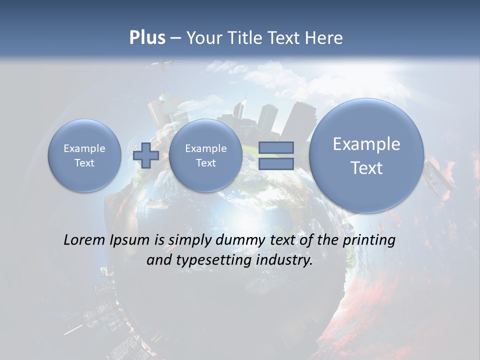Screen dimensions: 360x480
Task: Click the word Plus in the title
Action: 147,37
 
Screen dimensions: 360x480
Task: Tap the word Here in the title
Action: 326,37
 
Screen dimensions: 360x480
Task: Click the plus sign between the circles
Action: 146,155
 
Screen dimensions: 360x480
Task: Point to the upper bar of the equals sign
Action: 276,147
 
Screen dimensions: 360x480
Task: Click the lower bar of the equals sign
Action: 276,164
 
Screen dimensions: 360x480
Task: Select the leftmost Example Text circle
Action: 84,155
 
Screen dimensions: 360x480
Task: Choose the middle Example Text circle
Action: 205,155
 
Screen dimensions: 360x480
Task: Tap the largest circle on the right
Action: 366,155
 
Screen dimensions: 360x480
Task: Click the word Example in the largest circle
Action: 366,144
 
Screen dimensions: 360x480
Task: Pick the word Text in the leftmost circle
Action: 84,163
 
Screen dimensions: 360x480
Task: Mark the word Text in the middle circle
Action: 205,163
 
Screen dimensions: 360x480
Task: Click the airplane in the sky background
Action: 162,64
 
